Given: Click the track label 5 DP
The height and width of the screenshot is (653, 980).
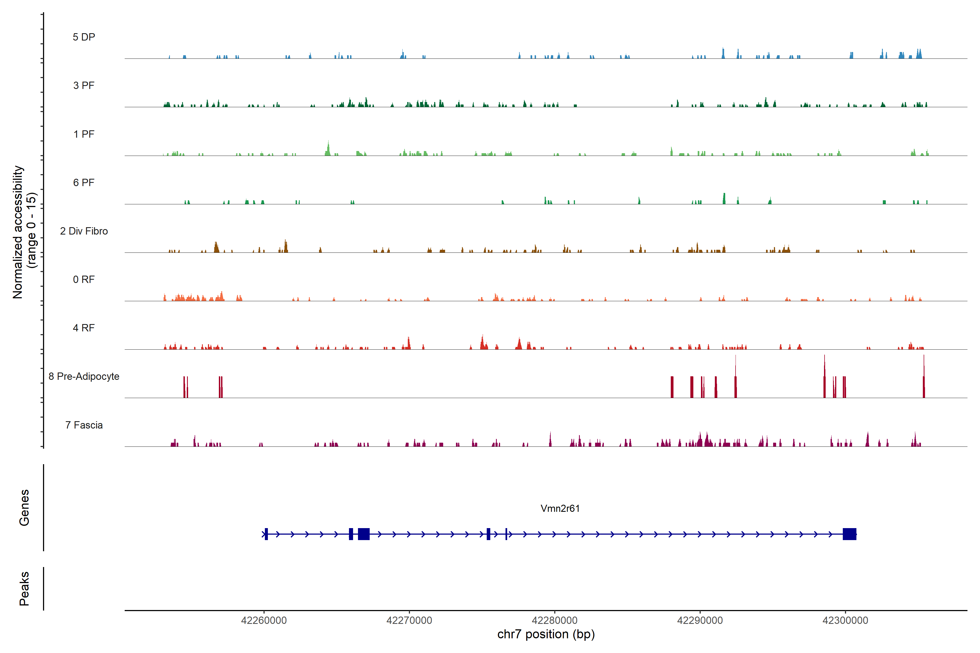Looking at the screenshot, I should [84, 37].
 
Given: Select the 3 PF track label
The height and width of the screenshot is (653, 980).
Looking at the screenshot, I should [84, 85].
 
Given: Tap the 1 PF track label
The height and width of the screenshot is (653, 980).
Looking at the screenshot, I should [84, 134].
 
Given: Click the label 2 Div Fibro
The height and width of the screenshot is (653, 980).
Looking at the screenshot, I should [84, 231].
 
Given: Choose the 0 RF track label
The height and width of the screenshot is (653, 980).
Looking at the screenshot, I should [84, 279].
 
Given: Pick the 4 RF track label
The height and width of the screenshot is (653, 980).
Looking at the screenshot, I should [84, 328].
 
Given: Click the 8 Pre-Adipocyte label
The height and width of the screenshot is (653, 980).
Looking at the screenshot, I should [84, 377].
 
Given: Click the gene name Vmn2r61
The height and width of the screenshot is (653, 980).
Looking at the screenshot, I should [560, 509].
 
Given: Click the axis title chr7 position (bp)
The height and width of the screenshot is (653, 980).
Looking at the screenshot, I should [546, 634].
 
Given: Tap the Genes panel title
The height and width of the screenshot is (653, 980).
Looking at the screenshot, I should [24, 508].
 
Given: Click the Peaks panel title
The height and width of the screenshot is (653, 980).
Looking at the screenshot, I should [24, 589].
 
